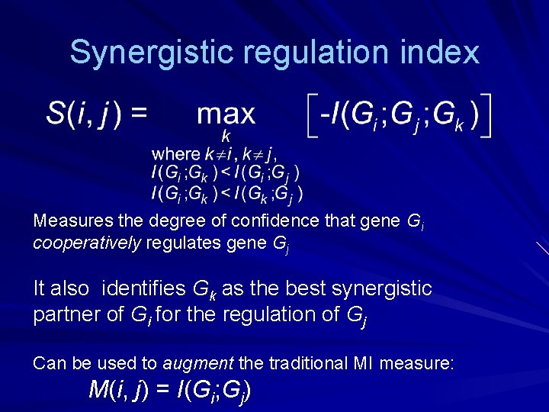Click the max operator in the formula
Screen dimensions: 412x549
tap(226, 114)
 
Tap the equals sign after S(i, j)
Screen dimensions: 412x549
tap(139, 114)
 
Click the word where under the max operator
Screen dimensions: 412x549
tap(175, 154)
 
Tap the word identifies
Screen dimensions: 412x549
tap(143, 288)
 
